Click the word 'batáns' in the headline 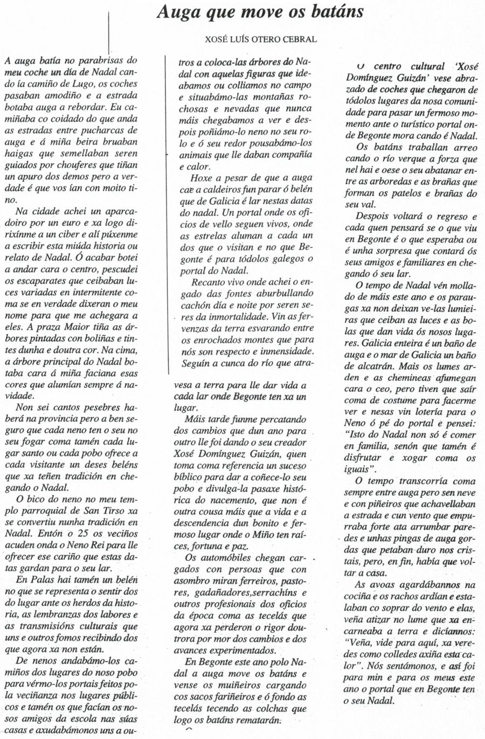[333, 12]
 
